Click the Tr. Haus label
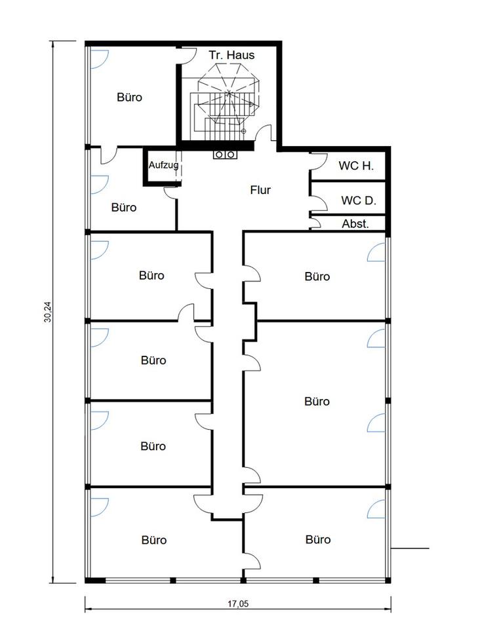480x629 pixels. click(x=231, y=55)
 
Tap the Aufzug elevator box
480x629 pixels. click(x=163, y=166)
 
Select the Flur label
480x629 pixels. click(x=260, y=190)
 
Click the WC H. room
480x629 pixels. click(x=348, y=166)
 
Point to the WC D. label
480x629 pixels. click(x=359, y=200)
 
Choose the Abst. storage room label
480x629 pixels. click(x=355, y=223)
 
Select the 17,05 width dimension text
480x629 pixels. click(x=239, y=603)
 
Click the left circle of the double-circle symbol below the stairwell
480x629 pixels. click(x=219, y=155)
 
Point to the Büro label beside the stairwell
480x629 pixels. click(x=130, y=97)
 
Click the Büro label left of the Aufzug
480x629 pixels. click(x=124, y=208)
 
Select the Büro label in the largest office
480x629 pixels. click(x=317, y=401)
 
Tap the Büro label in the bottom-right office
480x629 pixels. click(x=318, y=539)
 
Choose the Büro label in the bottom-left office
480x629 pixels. click(x=153, y=540)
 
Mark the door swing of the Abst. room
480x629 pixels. click(x=316, y=223)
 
